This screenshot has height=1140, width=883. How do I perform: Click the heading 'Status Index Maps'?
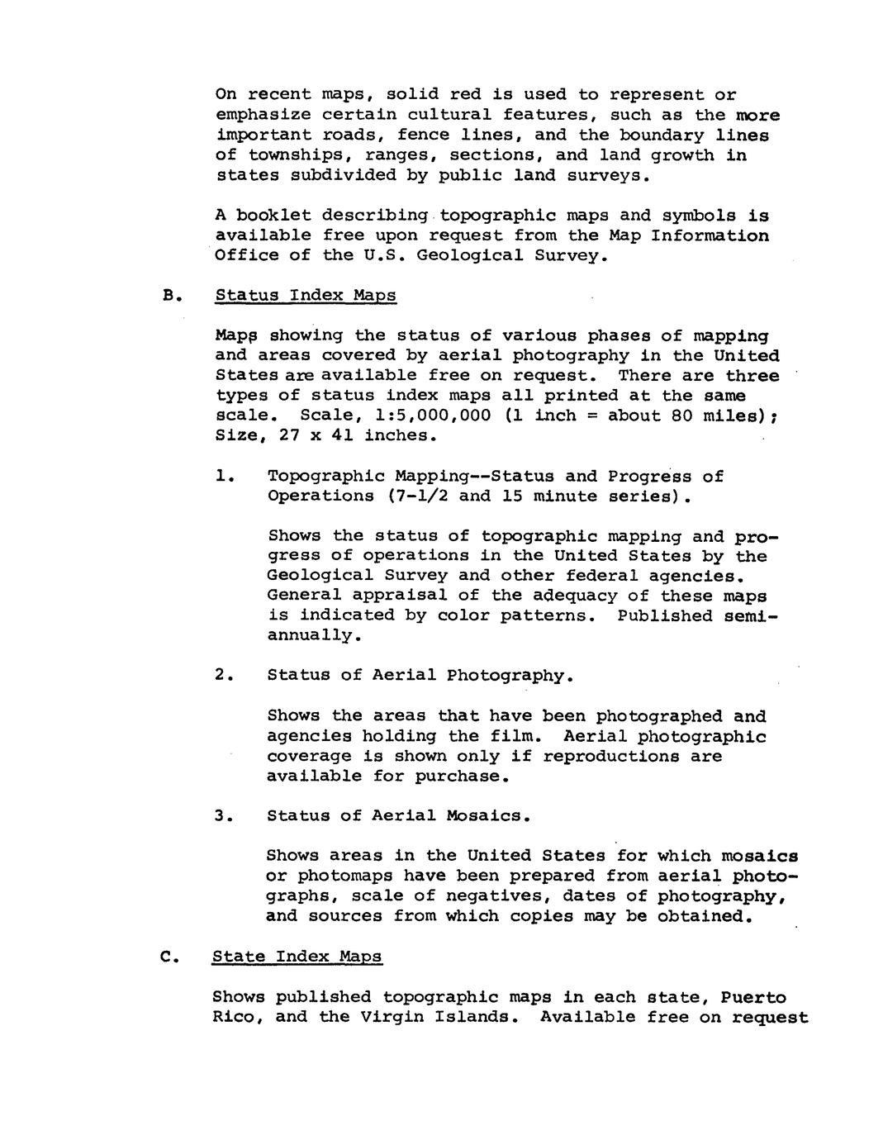pos(305,296)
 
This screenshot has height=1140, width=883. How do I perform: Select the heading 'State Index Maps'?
pos(297,957)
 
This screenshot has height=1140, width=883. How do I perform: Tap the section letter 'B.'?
pos(171,296)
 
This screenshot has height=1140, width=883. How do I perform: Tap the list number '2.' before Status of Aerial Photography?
pos(225,676)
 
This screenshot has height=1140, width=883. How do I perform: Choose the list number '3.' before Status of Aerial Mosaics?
pos(225,816)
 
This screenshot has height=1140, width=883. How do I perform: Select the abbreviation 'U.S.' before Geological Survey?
pos(386,255)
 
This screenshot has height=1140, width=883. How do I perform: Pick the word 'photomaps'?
pos(345,876)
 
